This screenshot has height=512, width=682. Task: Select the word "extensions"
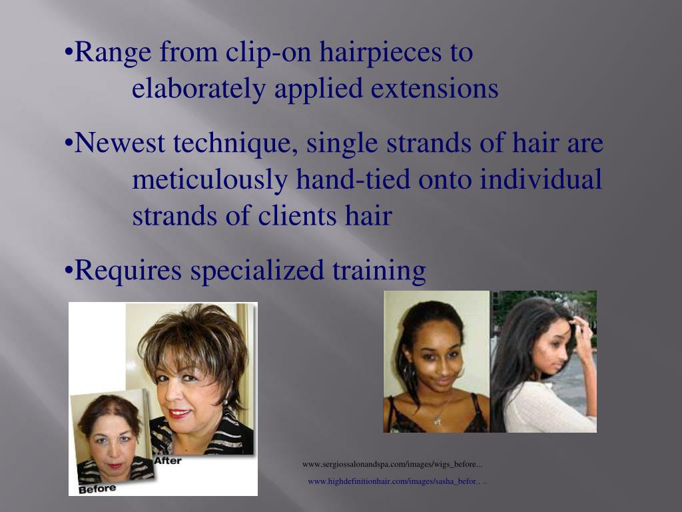coord(435,89)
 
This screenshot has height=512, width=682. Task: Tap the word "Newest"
coord(121,143)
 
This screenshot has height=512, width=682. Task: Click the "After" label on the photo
coord(167,461)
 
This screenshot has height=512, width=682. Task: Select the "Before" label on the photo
coord(97,489)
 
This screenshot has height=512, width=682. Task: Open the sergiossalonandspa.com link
coord(392,464)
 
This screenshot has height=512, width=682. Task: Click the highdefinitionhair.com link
coord(397,481)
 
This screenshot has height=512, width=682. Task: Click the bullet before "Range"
coord(69,53)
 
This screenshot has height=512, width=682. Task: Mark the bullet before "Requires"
coord(69,271)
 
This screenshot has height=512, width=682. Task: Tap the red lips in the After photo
coord(179,413)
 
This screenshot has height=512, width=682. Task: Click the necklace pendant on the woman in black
coord(437,421)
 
